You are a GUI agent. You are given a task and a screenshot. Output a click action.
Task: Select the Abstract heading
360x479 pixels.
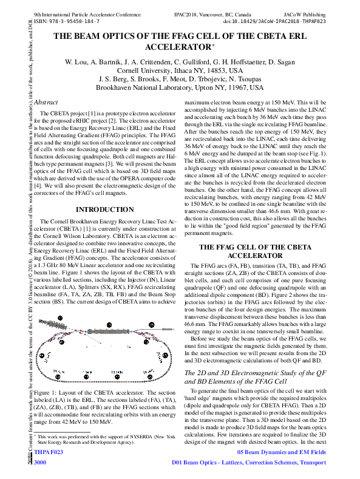(x=46, y=103)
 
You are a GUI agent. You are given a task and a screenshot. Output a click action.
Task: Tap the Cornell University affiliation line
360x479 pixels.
(x=180, y=70)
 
